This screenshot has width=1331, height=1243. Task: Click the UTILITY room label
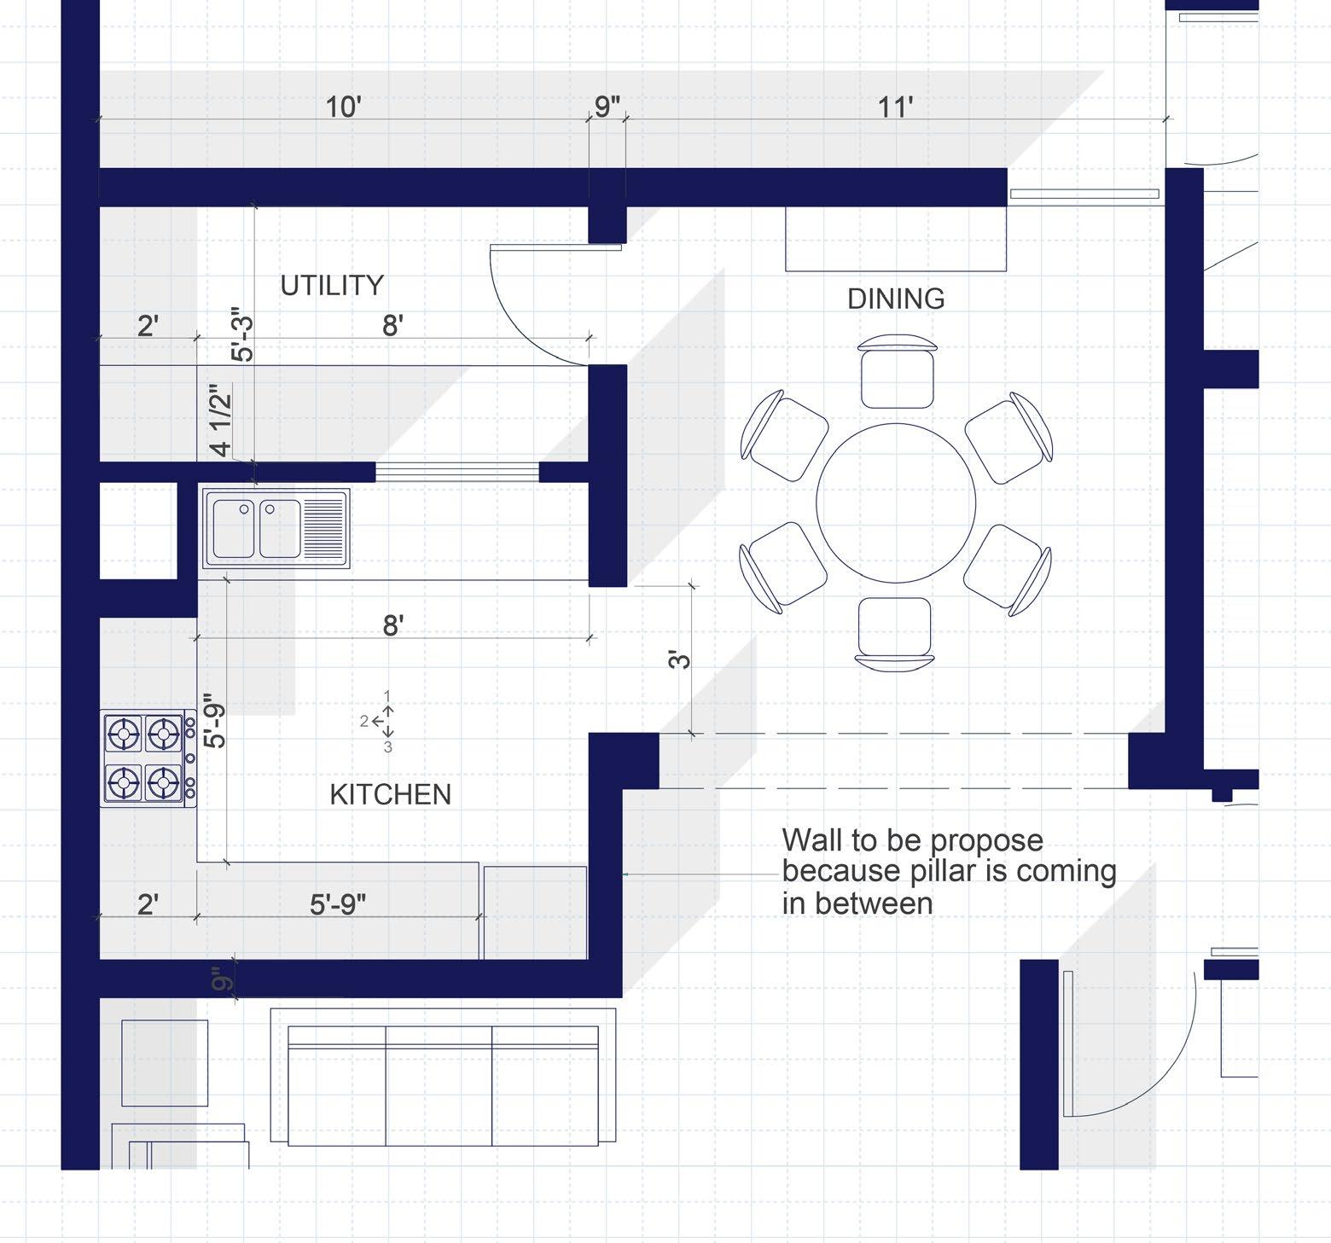coord(332,285)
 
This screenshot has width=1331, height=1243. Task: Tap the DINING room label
coord(896,299)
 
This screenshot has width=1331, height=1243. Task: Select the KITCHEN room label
coord(391,794)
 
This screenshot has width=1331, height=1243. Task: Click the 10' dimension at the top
coord(343,107)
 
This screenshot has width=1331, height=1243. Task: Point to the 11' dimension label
coord(895,107)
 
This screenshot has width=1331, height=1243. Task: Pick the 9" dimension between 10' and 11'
coord(607,107)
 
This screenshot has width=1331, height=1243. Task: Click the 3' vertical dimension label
coord(679,659)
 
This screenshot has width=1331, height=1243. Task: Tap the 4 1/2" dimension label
coord(220,421)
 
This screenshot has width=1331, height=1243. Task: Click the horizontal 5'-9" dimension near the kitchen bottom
coord(338,903)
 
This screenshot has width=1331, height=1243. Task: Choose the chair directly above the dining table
coord(897,370)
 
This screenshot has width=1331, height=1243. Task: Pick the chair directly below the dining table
coord(894,632)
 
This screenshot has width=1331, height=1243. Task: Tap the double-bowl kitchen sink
coord(276,528)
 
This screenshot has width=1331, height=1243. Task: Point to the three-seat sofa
coord(443,1077)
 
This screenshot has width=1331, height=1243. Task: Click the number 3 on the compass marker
coord(388,747)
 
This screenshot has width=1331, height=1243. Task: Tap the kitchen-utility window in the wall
coord(457,472)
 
